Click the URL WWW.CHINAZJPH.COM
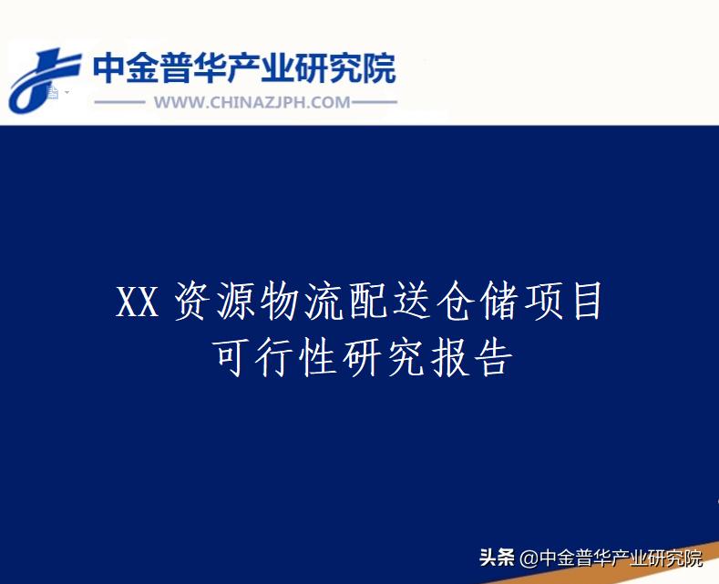(x=252, y=102)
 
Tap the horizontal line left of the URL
(x=119, y=102)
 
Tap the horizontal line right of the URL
(x=375, y=102)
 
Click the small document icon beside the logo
(x=54, y=93)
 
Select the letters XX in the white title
(x=138, y=303)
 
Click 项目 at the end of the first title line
(x=558, y=303)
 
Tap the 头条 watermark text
(x=497, y=558)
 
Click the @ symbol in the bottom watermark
(x=529, y=558)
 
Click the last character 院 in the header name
(x=380, y=68)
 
